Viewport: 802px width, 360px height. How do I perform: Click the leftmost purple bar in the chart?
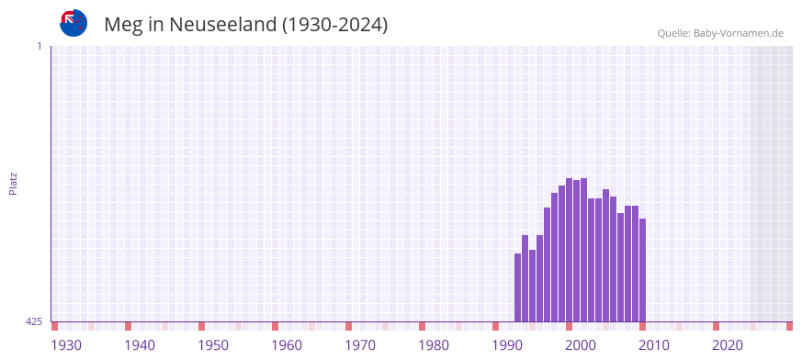tap(517, 287)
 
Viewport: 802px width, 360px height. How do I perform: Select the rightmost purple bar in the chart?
tap(642, 270)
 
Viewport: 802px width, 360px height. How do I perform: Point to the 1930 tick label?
tap(66, 345)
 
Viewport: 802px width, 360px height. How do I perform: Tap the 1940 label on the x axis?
tap(140, 345)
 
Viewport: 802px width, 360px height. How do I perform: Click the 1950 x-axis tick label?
tap(213, 345)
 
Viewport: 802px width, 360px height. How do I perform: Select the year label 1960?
tap(287, 345)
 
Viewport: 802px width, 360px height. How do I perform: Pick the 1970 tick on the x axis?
tap(360, 345)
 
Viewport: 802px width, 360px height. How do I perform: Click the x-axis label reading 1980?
tap(434, 345)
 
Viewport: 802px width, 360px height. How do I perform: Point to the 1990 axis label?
tap(507, 345)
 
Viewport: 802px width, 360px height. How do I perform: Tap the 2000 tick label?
tap(581, 345)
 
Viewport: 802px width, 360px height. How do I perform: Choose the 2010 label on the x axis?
tap(654, 345)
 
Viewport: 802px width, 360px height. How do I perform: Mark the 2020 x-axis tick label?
tap(728, 345)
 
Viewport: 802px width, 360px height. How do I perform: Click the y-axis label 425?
tap(34, 322)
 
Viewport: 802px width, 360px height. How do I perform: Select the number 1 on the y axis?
tap(39, 46)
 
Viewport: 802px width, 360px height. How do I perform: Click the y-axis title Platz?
tap(14, 184)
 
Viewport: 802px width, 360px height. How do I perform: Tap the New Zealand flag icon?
tap(73, 23)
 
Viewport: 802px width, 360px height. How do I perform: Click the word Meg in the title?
tap(123, 25)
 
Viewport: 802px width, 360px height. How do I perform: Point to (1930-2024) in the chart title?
tap(335, 25)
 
